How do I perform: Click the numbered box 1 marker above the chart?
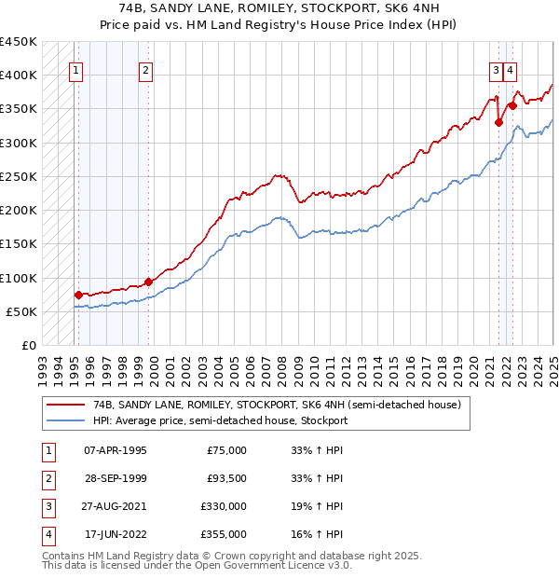[75, 69]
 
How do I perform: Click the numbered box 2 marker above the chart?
[146, 69]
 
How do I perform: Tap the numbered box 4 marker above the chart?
[511, 69]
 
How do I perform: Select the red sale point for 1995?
[78, 295]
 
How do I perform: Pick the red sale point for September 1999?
[149, 282]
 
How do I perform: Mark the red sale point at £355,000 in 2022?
[512, 106]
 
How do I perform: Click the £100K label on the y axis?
[19, 278]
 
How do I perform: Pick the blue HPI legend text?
[220, 420]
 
